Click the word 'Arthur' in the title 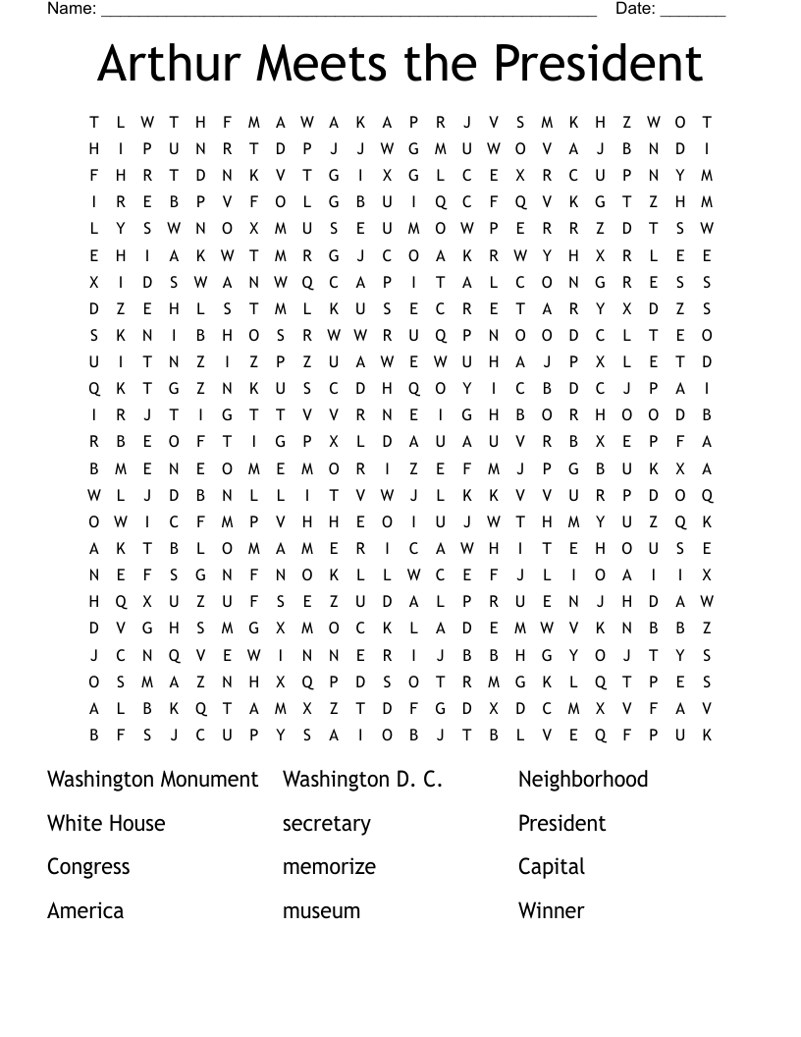168,64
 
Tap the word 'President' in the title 599,64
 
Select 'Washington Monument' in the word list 152,780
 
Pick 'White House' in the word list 106,823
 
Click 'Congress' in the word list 88,867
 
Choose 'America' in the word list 85,910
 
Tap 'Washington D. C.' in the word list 362,780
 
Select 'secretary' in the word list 326,824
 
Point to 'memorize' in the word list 329,867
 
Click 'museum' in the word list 321,910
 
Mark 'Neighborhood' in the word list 583,780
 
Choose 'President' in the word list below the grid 561,823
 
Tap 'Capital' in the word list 551,867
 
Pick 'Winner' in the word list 551,910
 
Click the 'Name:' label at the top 72,9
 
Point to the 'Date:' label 635,9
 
